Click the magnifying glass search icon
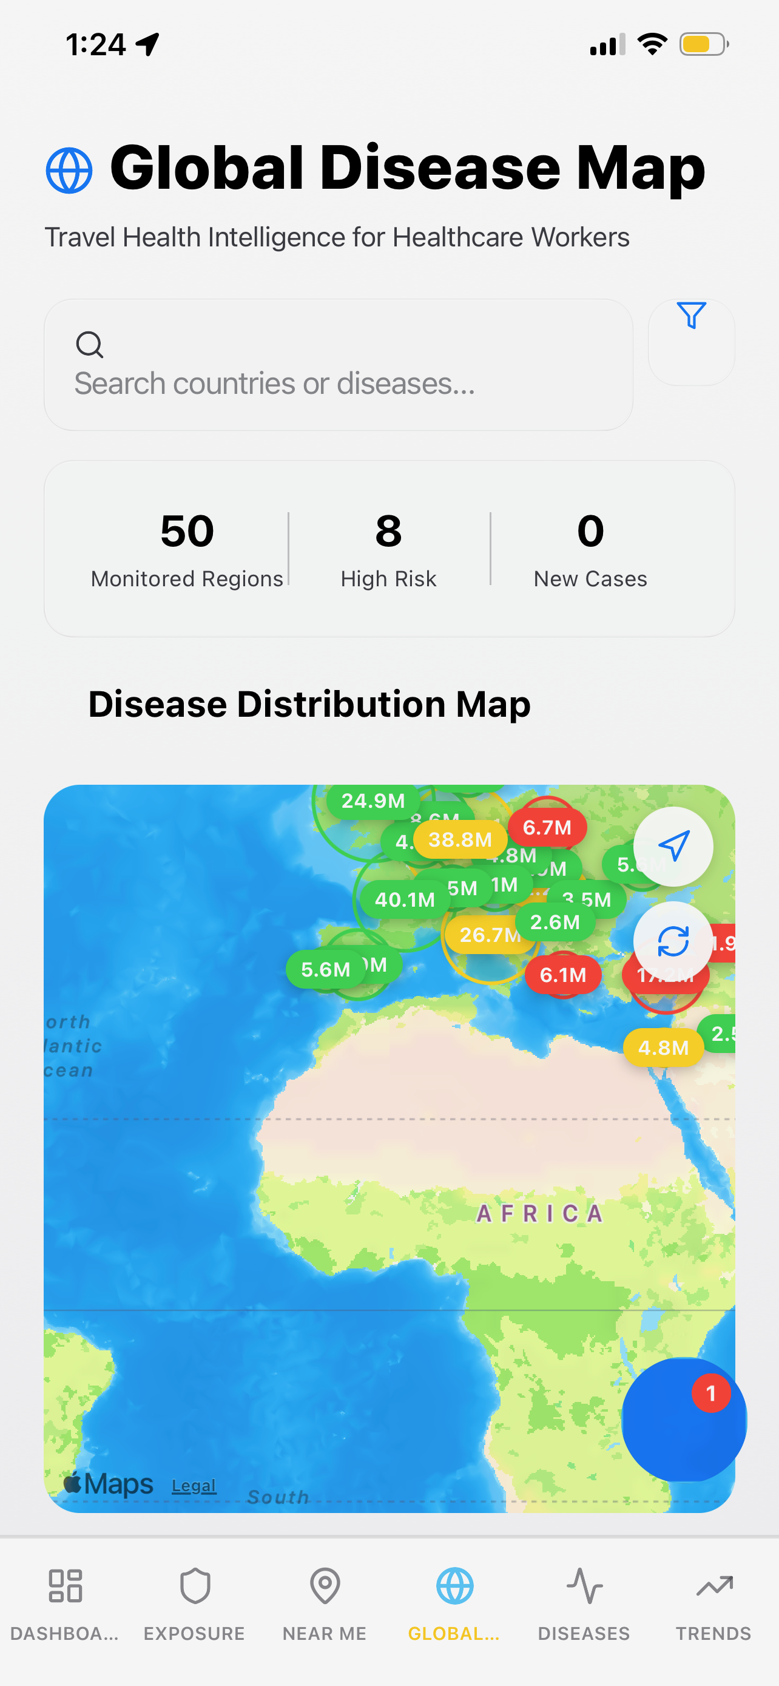90,344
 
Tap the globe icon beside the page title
69,171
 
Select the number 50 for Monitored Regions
187,531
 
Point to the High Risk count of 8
388,531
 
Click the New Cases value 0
590,531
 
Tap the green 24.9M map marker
373,801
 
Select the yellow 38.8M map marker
460,840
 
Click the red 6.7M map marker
547,827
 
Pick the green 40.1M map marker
404,900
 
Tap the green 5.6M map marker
325,969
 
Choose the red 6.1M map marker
562,975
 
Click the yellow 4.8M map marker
663,1048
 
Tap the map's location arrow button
673,846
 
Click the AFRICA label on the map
539,1214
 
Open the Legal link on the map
194,1486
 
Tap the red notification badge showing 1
711,1393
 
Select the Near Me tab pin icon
325,1586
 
